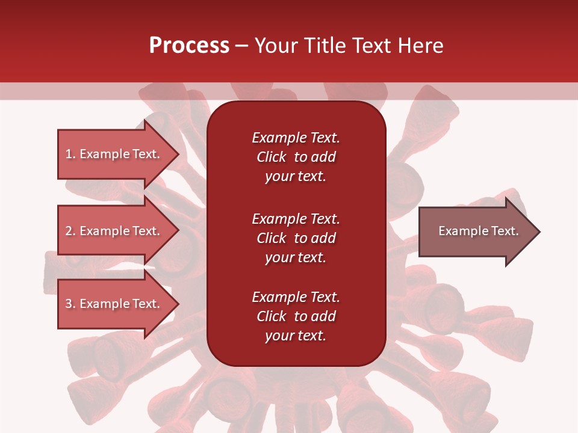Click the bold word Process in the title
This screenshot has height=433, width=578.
(x=189, y=46)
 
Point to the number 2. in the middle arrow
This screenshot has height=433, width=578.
(x=70, y=231)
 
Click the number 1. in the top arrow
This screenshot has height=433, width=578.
(x=70, y=154)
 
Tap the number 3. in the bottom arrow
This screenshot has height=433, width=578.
(x=70, y=304)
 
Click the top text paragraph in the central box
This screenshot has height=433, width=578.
(x=296, y=157)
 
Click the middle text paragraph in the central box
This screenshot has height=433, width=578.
(x=296, y=238)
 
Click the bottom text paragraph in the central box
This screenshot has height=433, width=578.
(x=296, y=316)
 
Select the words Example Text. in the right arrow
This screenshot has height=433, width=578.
(x=478, y=231)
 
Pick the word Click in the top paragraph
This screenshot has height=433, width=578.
(x=272, y=157)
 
